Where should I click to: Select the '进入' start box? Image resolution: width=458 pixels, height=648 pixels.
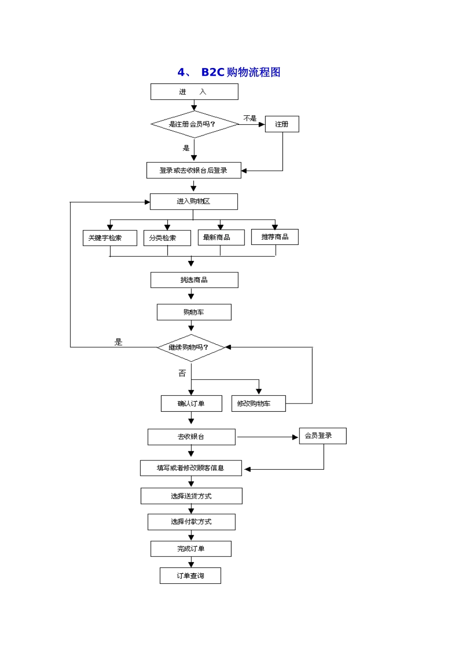[x=194, y=92]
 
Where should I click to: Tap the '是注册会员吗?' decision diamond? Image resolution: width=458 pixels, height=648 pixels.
[x=194, y=124]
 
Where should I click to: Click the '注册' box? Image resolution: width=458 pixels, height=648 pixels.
[x=282, y=124]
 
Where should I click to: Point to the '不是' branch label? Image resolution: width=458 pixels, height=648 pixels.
[x=250, y=118]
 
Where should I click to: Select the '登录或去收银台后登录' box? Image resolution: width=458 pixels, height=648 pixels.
[x=193, y=170]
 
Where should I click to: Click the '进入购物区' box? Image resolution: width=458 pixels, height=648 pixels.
[x=193, y=202]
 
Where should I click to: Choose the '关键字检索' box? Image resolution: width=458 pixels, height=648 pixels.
[x=109, y=238]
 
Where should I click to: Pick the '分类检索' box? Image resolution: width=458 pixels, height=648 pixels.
[x=167, y=238]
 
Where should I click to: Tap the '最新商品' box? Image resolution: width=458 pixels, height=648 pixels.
[x=221, y=237]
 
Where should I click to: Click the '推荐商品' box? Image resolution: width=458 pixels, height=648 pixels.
[x=275, y=237]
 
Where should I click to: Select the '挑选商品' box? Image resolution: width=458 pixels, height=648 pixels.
[x=194, y=280]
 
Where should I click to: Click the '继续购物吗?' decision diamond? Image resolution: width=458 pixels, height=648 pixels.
[x=191, y=348]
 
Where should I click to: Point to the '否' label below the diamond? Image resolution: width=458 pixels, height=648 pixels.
[x=182, y=373]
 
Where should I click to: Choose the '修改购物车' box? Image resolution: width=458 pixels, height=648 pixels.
[x=258, y=403]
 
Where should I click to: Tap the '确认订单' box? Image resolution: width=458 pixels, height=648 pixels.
[x=191, y=403]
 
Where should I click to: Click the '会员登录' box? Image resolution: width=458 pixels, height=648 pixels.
[x=323, y=436]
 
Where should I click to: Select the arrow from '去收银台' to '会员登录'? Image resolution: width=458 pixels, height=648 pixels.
[x=268, y=437]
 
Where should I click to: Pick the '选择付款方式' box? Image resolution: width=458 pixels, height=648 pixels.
[x=191, y=522]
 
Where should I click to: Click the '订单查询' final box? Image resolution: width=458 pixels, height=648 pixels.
[x=190, y=576]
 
